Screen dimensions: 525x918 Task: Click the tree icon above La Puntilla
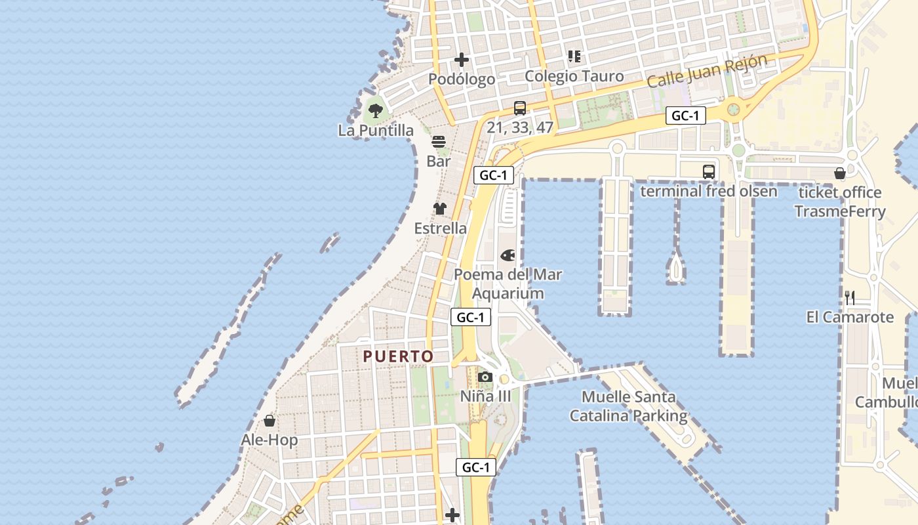click(375, 110)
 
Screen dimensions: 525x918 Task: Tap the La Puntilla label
click(376, 130)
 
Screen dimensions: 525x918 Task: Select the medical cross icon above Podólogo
click(462, 60)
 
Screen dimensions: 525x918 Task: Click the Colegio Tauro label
click(574, 76)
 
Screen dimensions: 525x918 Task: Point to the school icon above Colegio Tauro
click(574, 56)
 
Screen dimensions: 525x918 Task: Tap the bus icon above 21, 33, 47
click(520, 108)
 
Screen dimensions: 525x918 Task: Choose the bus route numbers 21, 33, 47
click(520, 127)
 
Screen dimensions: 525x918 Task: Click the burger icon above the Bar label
click(439, 141)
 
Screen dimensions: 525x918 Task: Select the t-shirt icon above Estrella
click(439, 209)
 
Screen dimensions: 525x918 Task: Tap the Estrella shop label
click(441, 228)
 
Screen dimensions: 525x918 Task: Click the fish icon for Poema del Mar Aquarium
click(508, 255)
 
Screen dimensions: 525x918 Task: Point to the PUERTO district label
click(398, 356)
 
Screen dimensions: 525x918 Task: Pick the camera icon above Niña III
click(485, 377)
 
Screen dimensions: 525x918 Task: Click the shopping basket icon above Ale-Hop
click(269, 420)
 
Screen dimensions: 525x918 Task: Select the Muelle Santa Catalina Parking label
click(628, 406)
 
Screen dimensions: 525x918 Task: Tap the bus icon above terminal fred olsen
click(709, 172)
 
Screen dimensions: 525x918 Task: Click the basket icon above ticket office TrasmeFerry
click(839, 173)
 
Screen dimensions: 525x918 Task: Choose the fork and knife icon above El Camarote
click(850, 297)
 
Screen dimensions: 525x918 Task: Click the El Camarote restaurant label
click(850, 317)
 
